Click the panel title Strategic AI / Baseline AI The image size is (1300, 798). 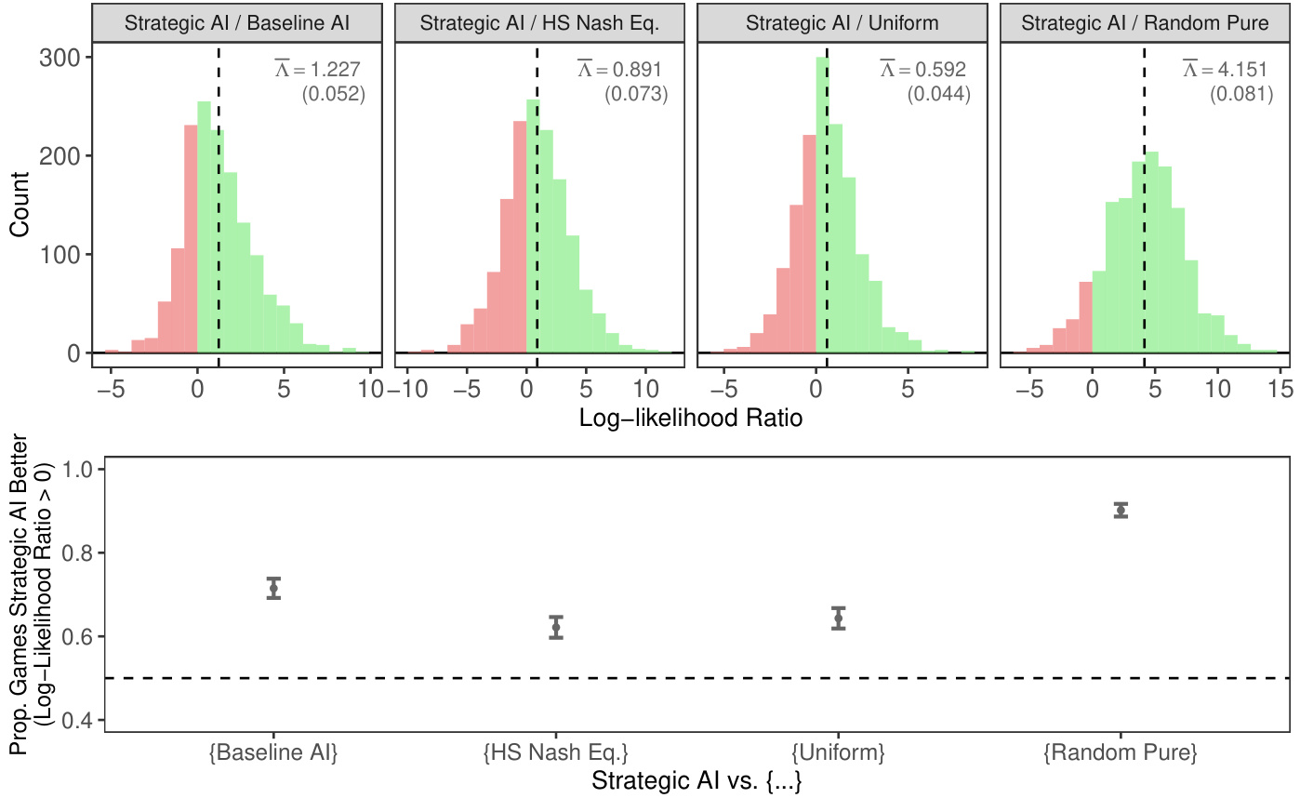(237, 22)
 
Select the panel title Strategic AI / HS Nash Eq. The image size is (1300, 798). (540, 22)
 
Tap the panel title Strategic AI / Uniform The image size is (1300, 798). (842, 22)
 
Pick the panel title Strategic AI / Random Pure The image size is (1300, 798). (1144, 22)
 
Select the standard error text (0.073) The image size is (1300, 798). (636, 94)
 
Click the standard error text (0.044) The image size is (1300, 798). (938, 94)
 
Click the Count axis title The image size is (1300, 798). (23, 205)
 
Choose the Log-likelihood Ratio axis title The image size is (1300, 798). (690, 419)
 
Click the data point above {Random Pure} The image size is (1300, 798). (1121, 510)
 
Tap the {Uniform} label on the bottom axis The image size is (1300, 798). (838, 751)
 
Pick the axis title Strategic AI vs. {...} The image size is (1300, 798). (696, 781)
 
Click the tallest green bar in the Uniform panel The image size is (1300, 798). (822, 205)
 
